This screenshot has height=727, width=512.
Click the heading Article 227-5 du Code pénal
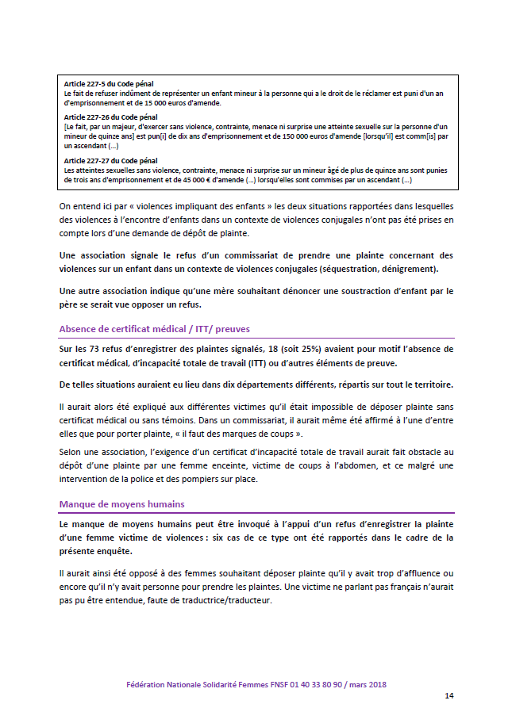pyautogui.click(x=109, y=83)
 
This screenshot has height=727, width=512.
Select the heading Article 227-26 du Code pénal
pyautogui.click(x=111, y=117)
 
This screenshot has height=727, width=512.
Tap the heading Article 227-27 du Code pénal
pyautogui.click(x=111, y=161)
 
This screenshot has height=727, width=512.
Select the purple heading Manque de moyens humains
pyautogui.click(x=121, y=503)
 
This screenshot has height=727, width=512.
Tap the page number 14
pyautogui.click(x=448, y=695)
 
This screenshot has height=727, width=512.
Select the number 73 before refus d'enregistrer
pyautogui.click(x=94, y=348)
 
